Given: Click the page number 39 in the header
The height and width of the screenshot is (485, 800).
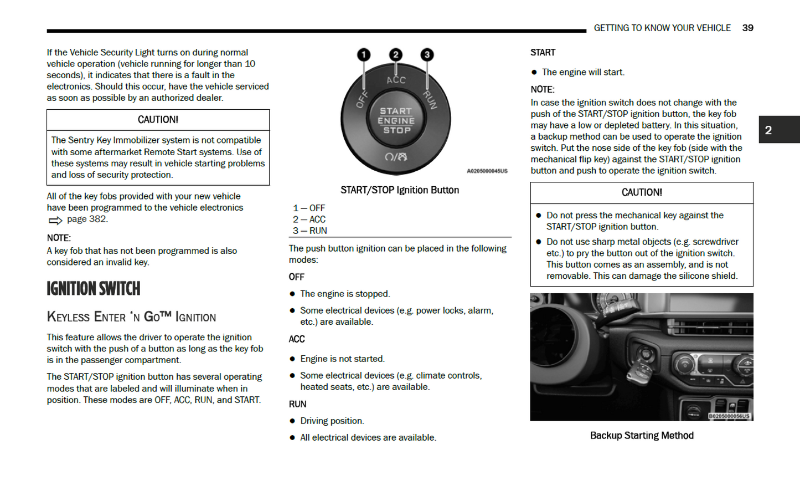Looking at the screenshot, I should coord(747,28).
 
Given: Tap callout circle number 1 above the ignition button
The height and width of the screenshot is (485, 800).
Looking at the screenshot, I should coord(364,54).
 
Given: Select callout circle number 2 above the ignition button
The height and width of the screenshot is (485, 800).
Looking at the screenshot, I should coord(395,54).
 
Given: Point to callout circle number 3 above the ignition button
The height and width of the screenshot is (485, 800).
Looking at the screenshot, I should coord(427,54).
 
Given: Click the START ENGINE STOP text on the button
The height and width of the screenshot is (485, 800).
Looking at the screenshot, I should coord(396,121).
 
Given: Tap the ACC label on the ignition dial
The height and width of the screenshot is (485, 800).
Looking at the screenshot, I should coord(396,80).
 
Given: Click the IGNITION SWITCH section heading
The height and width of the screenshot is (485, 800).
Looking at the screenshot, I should coord(94,289).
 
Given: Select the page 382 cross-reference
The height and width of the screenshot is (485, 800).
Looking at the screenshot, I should coord(87,219).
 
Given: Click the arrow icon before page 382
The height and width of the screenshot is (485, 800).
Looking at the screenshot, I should coord(55,220).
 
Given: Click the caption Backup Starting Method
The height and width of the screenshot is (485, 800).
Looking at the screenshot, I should coord(642,436).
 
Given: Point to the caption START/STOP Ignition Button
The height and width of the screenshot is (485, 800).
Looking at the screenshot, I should coord(400,190).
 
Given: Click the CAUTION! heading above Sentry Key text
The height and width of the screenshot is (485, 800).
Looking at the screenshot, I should coord(158,120).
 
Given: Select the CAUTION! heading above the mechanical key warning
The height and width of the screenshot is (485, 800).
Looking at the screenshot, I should coord(642,192).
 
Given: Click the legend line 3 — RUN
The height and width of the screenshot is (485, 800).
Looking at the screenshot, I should coord(310,231).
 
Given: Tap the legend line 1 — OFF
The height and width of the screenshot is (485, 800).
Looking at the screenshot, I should coord(309,208).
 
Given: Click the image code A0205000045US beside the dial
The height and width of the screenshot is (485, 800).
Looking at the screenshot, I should coord(487,171).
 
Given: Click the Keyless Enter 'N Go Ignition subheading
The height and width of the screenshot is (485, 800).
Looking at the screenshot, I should coord(131,317).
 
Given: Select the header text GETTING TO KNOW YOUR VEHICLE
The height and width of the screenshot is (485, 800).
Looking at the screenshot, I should coord(662,28).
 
